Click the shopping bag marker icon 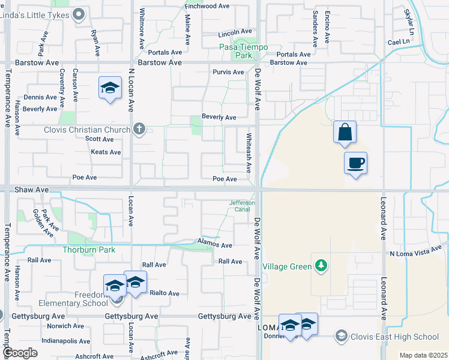[x=345, y=133]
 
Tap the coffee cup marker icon [x=355, y=162]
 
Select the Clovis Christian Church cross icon [x=139, y=130]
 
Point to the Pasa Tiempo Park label [x=243, y=51]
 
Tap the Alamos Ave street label [x=215, y=245]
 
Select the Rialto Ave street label [x=164, y=293]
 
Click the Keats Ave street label [x=106, y=152]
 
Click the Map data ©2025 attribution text [x=423, y=355]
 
